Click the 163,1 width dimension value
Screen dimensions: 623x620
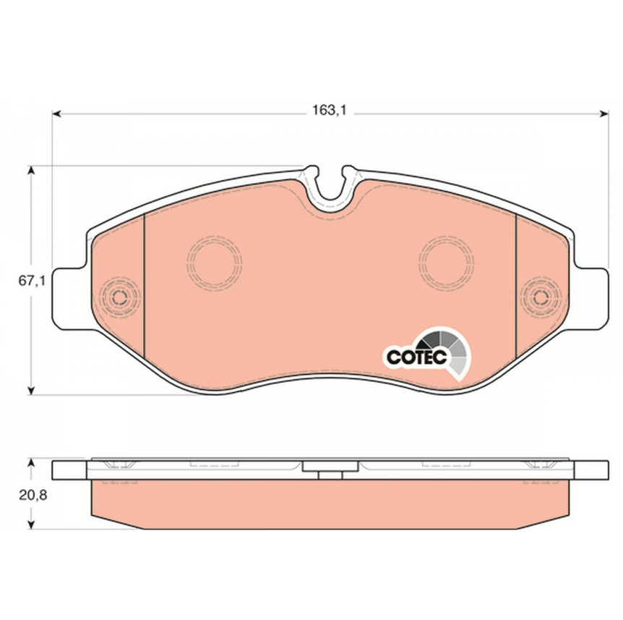(x=329, y=110)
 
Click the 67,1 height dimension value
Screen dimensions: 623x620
(x=32, y=281)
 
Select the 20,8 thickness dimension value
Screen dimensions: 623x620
(x=33, y=495)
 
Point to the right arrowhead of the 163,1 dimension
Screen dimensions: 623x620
(x=604, y=114)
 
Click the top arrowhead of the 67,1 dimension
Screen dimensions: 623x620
(x=31, y=170)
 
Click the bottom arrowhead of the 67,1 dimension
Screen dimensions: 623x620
(x=31, y=390)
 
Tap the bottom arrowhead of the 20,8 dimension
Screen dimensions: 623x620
(x=31, y=525)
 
